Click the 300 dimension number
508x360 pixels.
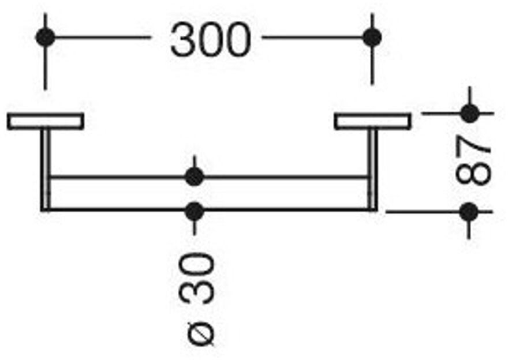211,39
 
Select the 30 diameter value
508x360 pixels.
196,279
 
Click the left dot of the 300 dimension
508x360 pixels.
46,37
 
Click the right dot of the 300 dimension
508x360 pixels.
372,37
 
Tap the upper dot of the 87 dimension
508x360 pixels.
469,114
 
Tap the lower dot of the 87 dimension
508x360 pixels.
469,212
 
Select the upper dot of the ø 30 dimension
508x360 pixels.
194,177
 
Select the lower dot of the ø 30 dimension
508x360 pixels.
194,211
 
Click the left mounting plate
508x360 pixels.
46,121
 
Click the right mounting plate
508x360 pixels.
372,122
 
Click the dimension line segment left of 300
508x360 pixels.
103,37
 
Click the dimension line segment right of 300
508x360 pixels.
312,37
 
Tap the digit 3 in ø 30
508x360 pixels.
196,292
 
